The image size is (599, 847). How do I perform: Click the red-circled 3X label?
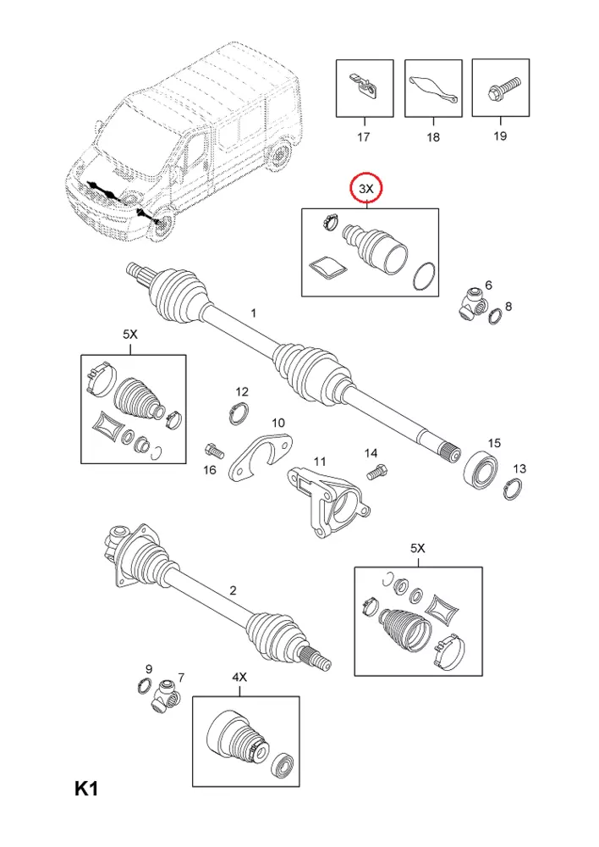point(366,189)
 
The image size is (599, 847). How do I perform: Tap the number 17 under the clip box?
point(364,136)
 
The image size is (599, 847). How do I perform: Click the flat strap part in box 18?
point(433,89)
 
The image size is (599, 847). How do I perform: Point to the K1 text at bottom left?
point(86,789)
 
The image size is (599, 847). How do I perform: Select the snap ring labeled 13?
point(513,489)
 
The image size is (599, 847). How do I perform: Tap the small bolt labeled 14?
point(377,472)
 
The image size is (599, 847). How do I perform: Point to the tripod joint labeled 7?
point(167,695)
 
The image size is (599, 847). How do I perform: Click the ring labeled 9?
point(144,686)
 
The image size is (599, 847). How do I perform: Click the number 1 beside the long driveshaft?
point(253,313)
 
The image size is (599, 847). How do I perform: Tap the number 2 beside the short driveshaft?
point(233,590)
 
